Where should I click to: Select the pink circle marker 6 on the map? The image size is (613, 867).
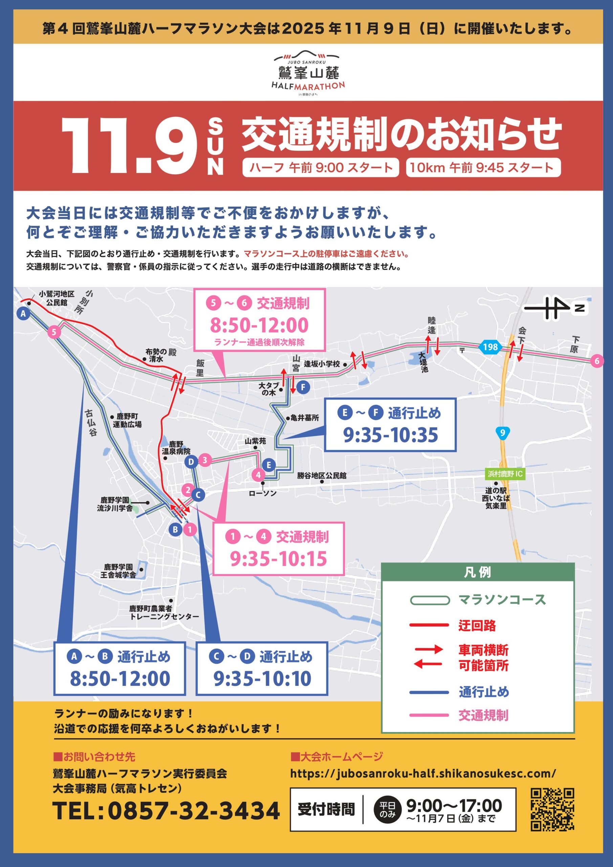click(x=597, y=361)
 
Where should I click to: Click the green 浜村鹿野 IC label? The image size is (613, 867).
click(x=505, y=473)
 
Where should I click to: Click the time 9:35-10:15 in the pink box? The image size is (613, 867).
click(x=279, y=559)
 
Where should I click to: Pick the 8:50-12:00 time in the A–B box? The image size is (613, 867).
click(x=120, y=679)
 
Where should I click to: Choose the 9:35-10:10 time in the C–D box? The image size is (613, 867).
click(x=262, y=679)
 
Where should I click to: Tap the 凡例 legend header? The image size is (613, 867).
click(x=478, y=572)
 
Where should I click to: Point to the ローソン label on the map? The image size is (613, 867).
click(x=263, y=493)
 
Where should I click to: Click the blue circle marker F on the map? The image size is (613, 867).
click(x=303, y=387)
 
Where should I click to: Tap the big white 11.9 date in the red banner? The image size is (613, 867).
click(x=130, y=146)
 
